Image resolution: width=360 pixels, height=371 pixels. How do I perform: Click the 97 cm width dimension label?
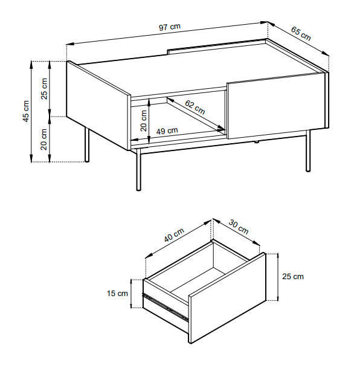point(169,27)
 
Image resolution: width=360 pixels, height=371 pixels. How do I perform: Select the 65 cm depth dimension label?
point(301,33)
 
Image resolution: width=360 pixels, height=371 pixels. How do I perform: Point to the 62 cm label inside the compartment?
point(194,107)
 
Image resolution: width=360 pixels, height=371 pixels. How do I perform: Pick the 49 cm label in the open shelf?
point(167,131)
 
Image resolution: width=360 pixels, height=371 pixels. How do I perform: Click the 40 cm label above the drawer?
point(174,235)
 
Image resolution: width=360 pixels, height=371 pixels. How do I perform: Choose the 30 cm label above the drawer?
point(239,227)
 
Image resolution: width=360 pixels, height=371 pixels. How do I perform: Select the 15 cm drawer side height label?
point(117,294)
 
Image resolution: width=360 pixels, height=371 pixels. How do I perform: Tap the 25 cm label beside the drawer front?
point(293,276)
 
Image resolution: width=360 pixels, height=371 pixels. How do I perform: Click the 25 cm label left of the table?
point(44,89)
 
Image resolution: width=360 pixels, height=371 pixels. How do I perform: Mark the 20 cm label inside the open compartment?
point(143,121)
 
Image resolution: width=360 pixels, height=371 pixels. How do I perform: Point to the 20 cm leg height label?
point(44,140)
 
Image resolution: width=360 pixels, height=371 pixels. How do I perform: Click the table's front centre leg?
point(138,169)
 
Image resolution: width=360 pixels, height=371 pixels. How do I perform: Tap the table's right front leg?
point(308,150)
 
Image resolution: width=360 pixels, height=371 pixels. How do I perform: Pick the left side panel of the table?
point(98,105)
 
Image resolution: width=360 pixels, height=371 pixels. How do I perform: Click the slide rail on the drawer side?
point(166,308)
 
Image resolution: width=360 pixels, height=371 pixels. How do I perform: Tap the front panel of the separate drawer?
point(228,298)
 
